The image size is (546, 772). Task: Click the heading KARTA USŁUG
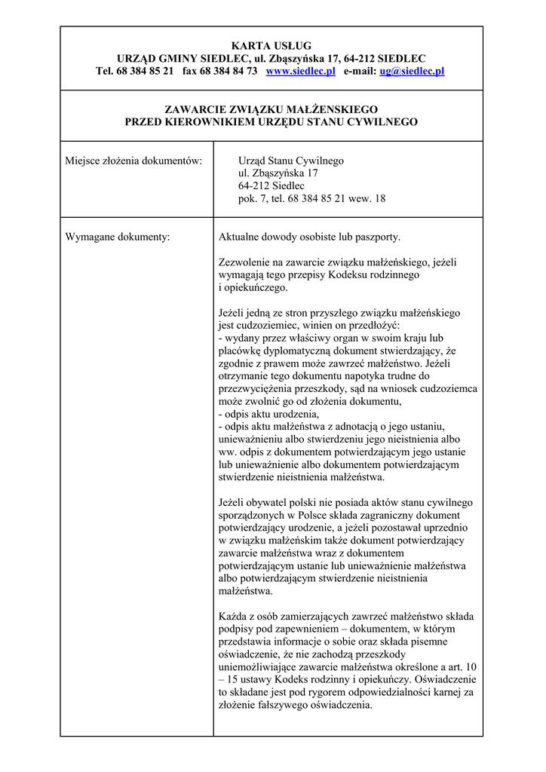[271, 46]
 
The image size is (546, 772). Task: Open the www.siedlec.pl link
[300, 71]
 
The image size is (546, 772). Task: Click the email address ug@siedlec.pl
[412, 71]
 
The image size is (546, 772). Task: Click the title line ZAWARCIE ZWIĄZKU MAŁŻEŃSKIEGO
[271, 109]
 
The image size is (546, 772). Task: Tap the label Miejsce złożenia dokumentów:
[134, 161]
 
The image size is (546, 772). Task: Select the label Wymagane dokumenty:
[118, 237]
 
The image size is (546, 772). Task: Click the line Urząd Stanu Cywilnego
[290, 161]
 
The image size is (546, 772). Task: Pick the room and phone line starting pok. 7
[311, 199]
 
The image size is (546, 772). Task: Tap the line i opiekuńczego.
[253, 287]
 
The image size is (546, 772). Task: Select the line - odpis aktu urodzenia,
[268, 414]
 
